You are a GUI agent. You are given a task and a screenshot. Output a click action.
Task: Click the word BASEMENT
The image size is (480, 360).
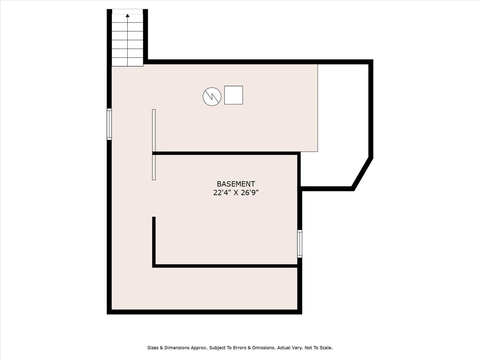[x=236, y=184]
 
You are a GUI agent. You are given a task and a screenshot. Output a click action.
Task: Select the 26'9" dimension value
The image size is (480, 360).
[x=250, y=193]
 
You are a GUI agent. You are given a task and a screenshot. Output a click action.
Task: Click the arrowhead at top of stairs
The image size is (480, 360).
[x=127, y=15]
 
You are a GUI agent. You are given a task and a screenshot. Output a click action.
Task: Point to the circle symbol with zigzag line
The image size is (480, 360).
[x=212, y=97]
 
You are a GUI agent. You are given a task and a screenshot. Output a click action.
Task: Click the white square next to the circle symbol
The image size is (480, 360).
[x=234, y=95]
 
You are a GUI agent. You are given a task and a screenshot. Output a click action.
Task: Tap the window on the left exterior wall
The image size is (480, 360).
[x=109, y=124]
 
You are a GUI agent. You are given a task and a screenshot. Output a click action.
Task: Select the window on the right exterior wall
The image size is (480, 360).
[x=300, y=244]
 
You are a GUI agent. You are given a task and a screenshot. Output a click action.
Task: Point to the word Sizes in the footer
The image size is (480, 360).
[x=153, y=348]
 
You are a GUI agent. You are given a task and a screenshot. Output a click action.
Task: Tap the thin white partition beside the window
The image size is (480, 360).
[x=154, y=145]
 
